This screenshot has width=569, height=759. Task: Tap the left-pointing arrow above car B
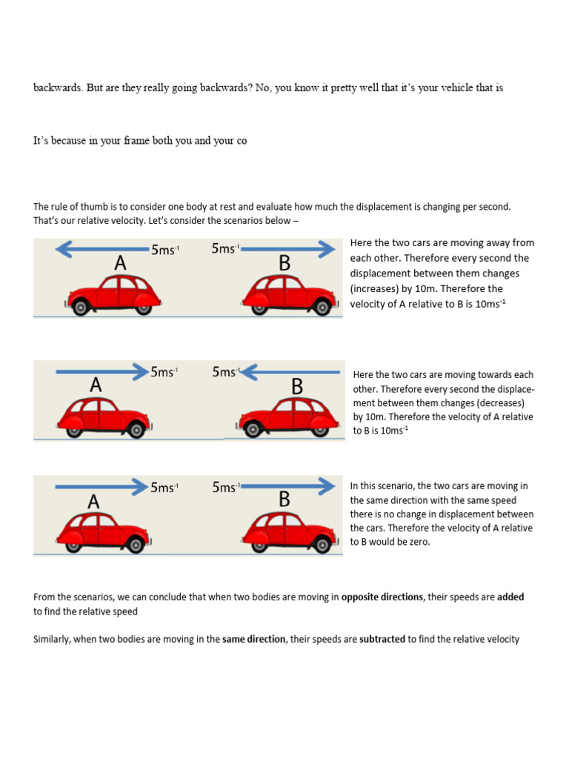click(x=288, y=371)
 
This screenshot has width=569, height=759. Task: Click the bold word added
click(x=510, y=597)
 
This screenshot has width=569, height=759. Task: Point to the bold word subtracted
click(x=382, y=639)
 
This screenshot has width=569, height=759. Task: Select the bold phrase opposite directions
click(x=382, y=597)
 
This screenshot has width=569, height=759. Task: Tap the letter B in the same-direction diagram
click(x=284, y=500)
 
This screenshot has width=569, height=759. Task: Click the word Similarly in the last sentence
click(x=51, y=639)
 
